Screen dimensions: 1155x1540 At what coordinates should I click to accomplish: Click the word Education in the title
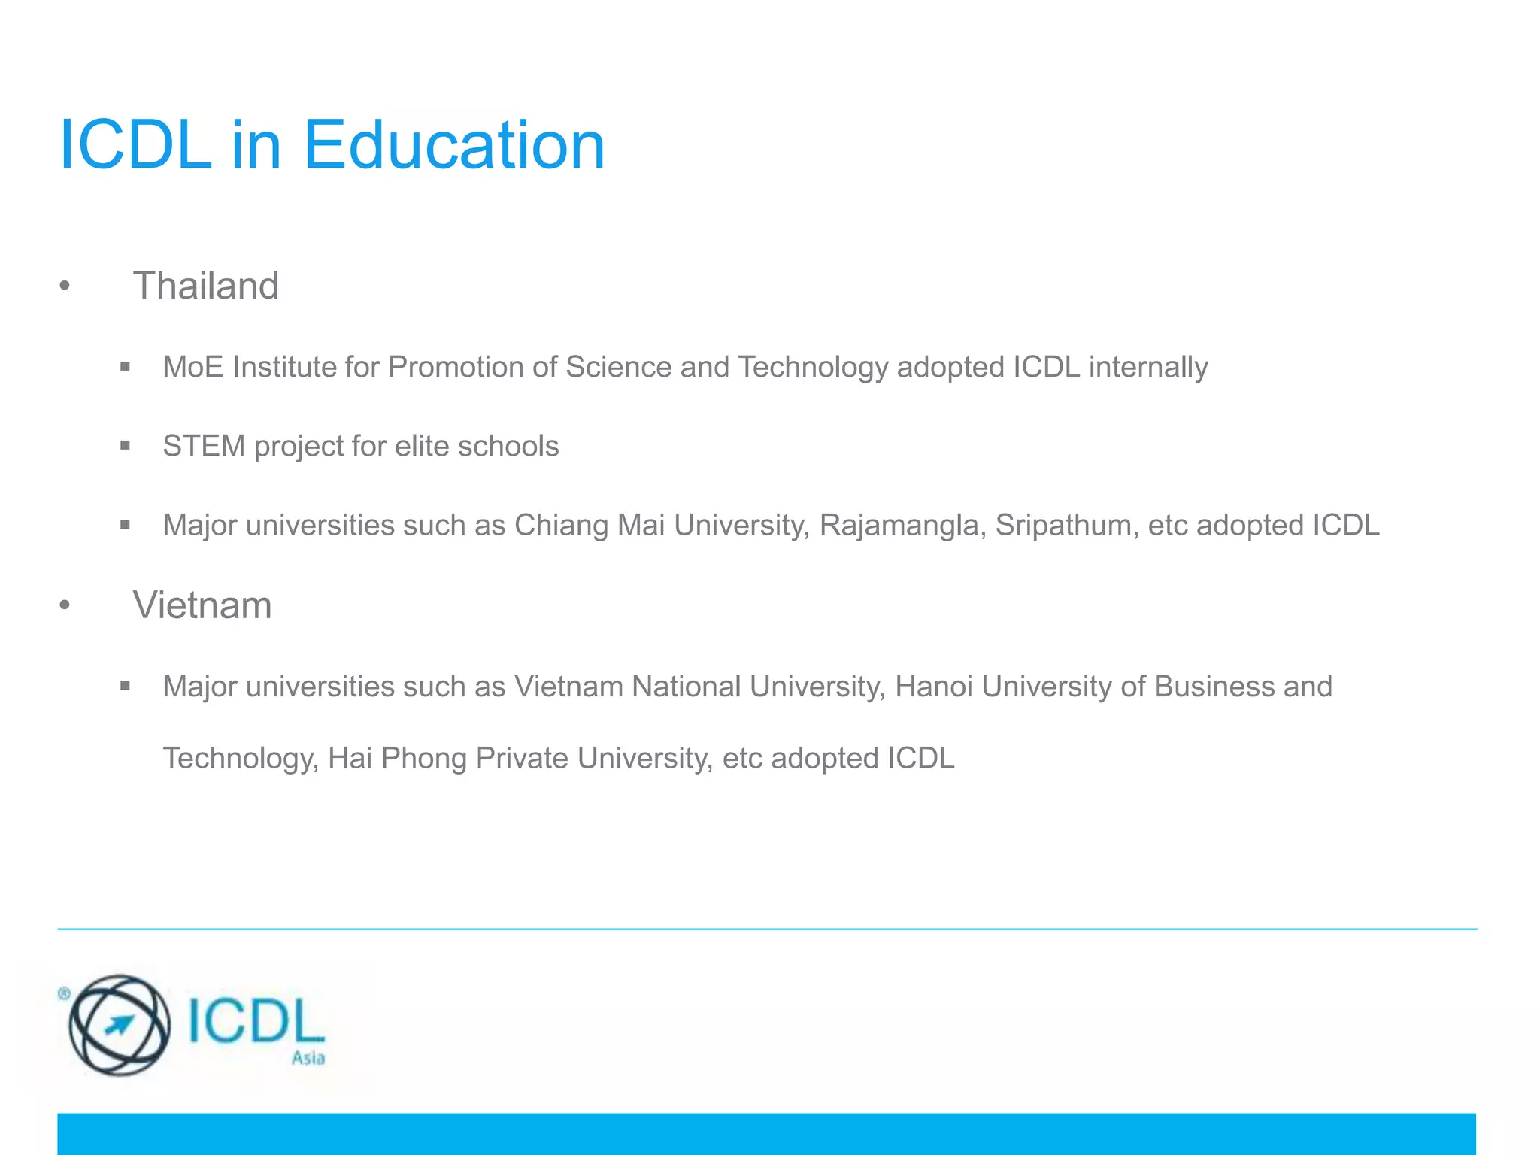click(x=453, y=145)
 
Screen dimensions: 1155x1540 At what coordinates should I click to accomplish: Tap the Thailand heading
click(x=205, y=286)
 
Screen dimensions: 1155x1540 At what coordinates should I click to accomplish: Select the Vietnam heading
click(x=202, y=605)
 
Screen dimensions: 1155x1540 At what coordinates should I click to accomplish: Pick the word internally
click(x=1148, y=367)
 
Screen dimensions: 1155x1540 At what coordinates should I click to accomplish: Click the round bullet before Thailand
click(x=65, y=286)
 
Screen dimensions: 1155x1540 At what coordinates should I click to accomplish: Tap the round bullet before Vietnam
click(x=65, y=605)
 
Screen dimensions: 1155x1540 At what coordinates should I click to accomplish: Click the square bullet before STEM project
click(x=125, y=446)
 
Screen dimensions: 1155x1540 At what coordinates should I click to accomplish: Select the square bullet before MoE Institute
click(x=125, y=367)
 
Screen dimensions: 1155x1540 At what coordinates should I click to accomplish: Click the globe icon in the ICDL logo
click(x=119, y=1025)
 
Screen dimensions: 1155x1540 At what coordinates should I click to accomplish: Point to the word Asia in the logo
click(x=308, y=1058)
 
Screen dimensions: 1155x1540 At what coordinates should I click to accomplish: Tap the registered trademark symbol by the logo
click(x=64, y=993)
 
